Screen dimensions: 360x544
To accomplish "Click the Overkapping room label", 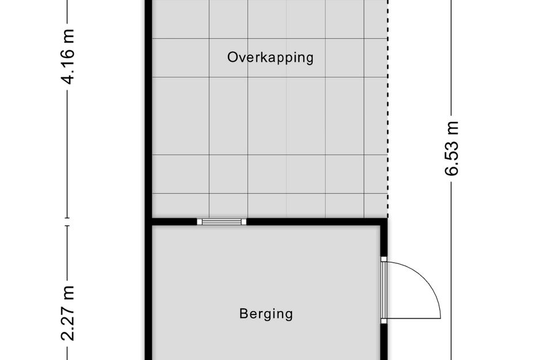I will pos(270,58).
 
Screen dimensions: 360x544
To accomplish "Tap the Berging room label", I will pos(266,314).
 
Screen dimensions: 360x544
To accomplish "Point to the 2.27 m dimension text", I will pos(68,312).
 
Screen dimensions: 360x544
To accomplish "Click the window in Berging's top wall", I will pos(222,221).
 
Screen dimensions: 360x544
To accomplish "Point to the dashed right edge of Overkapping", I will pos(387,115).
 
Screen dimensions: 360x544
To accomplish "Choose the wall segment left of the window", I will pos(173,221).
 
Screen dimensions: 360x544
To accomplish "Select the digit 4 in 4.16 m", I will pos(68,78).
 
